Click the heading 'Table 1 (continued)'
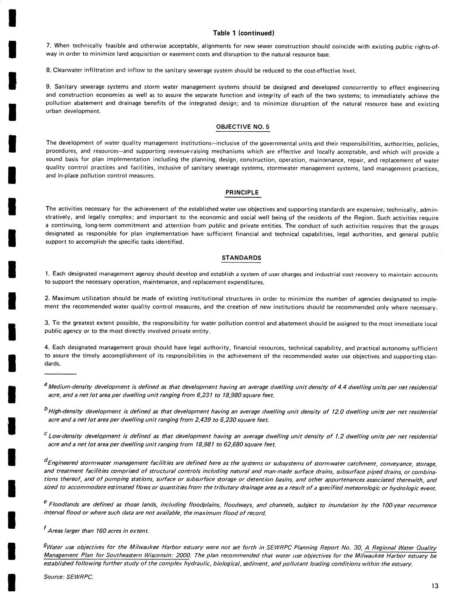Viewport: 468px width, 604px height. pyautogui.click(x=243, y=33)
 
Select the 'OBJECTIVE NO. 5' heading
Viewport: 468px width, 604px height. pyautogui.click(x=243, y=127)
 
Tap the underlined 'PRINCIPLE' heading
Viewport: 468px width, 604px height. pyautogui.click(x=242, y=193)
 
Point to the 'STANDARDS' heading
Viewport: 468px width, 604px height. pyautogui.click(x=241, y=258)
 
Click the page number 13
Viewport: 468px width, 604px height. pyautogui.click(x=434, y=586)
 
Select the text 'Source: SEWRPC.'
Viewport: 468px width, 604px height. pyautogui.click(x=68, y=577)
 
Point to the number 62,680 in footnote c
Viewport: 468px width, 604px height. pyautogui.click(x=233, y=445)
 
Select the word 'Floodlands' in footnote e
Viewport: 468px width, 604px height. pyautogui.click(x=63, y=505)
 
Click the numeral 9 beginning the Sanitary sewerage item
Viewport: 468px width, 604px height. pyautogui.click(x=48, y=88)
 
